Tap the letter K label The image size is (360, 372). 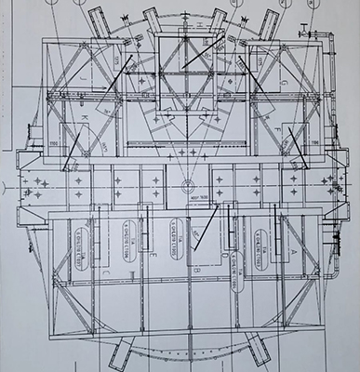pos(83,119)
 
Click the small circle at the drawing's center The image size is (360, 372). pos(185,183)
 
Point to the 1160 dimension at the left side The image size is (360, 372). pos(48,144)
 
